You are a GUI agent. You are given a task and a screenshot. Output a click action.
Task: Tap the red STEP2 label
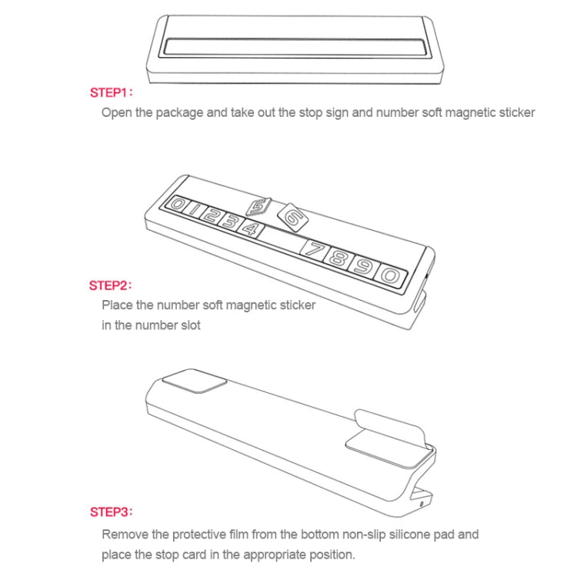[x=110, y=285]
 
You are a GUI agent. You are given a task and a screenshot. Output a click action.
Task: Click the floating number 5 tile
[x=258, y=207]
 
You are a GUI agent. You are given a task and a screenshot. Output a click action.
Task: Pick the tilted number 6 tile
[x=292, y=218]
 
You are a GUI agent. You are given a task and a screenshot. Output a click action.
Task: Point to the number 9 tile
[x=363, y=266]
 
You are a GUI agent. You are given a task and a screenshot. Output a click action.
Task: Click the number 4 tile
[x=251, y=229]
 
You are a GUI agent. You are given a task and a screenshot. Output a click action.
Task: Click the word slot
[x=190, y=325]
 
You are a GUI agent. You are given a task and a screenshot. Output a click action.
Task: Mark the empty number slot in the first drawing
[x=295, y=48]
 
